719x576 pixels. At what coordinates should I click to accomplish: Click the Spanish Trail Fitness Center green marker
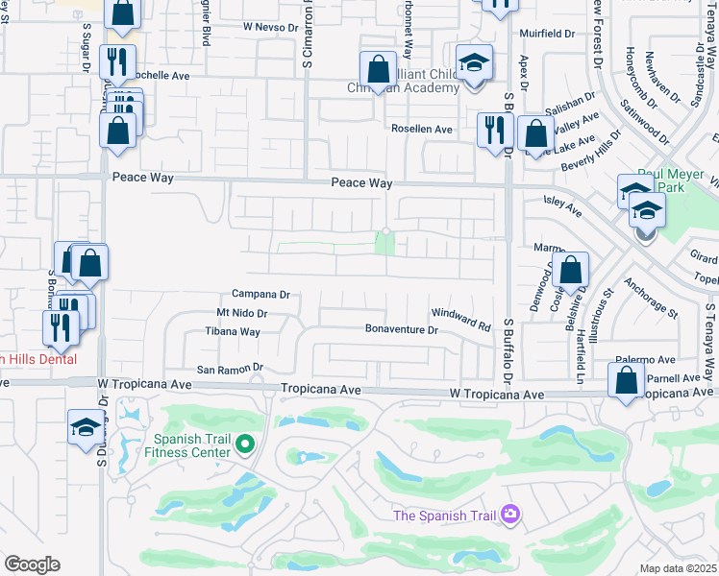(x=244, y=443)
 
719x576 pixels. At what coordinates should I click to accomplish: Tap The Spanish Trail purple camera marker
(x=509, y=516)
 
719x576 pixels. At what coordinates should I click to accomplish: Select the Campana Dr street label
(x=260, y=295)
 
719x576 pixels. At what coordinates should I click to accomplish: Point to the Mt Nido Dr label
(x=241, y=313)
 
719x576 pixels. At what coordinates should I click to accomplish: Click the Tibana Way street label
(x=233, y=332)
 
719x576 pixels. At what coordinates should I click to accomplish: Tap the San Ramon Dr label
(x=230, y=368)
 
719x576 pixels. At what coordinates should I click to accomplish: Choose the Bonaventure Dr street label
(x=402, y=329)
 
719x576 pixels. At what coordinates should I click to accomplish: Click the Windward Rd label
(x=460, y=314)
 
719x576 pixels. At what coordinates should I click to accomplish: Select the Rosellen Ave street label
(x=421, y=129)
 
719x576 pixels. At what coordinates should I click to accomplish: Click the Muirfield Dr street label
(x=546, y=33)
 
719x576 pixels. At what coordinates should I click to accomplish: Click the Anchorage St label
(x=650, y=299)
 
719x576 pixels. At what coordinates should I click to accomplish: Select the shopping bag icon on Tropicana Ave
(x=627, y=381)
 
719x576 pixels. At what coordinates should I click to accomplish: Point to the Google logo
(x=32, y=564)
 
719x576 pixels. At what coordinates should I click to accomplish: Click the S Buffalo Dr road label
(x=508, y=347)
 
